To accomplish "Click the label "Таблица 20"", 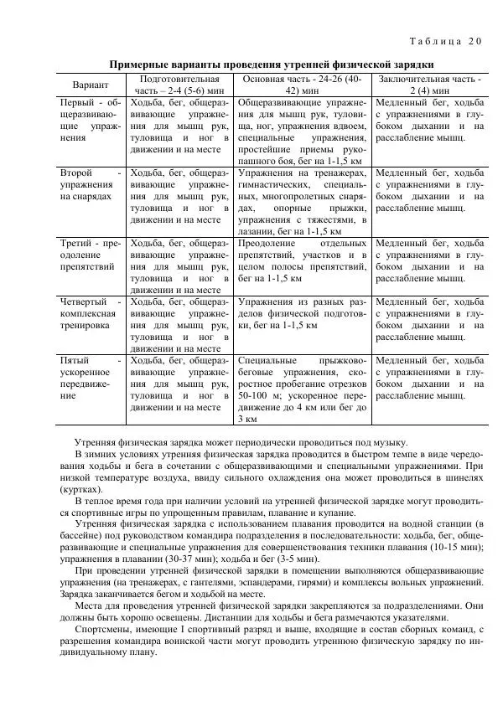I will (x=445, y=41).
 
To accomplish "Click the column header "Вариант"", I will (x=90, y=85).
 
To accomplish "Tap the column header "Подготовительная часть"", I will (x=176, y=85).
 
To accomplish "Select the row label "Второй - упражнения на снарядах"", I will (x=90, y=183).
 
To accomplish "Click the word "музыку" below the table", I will (x=388, y=442).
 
